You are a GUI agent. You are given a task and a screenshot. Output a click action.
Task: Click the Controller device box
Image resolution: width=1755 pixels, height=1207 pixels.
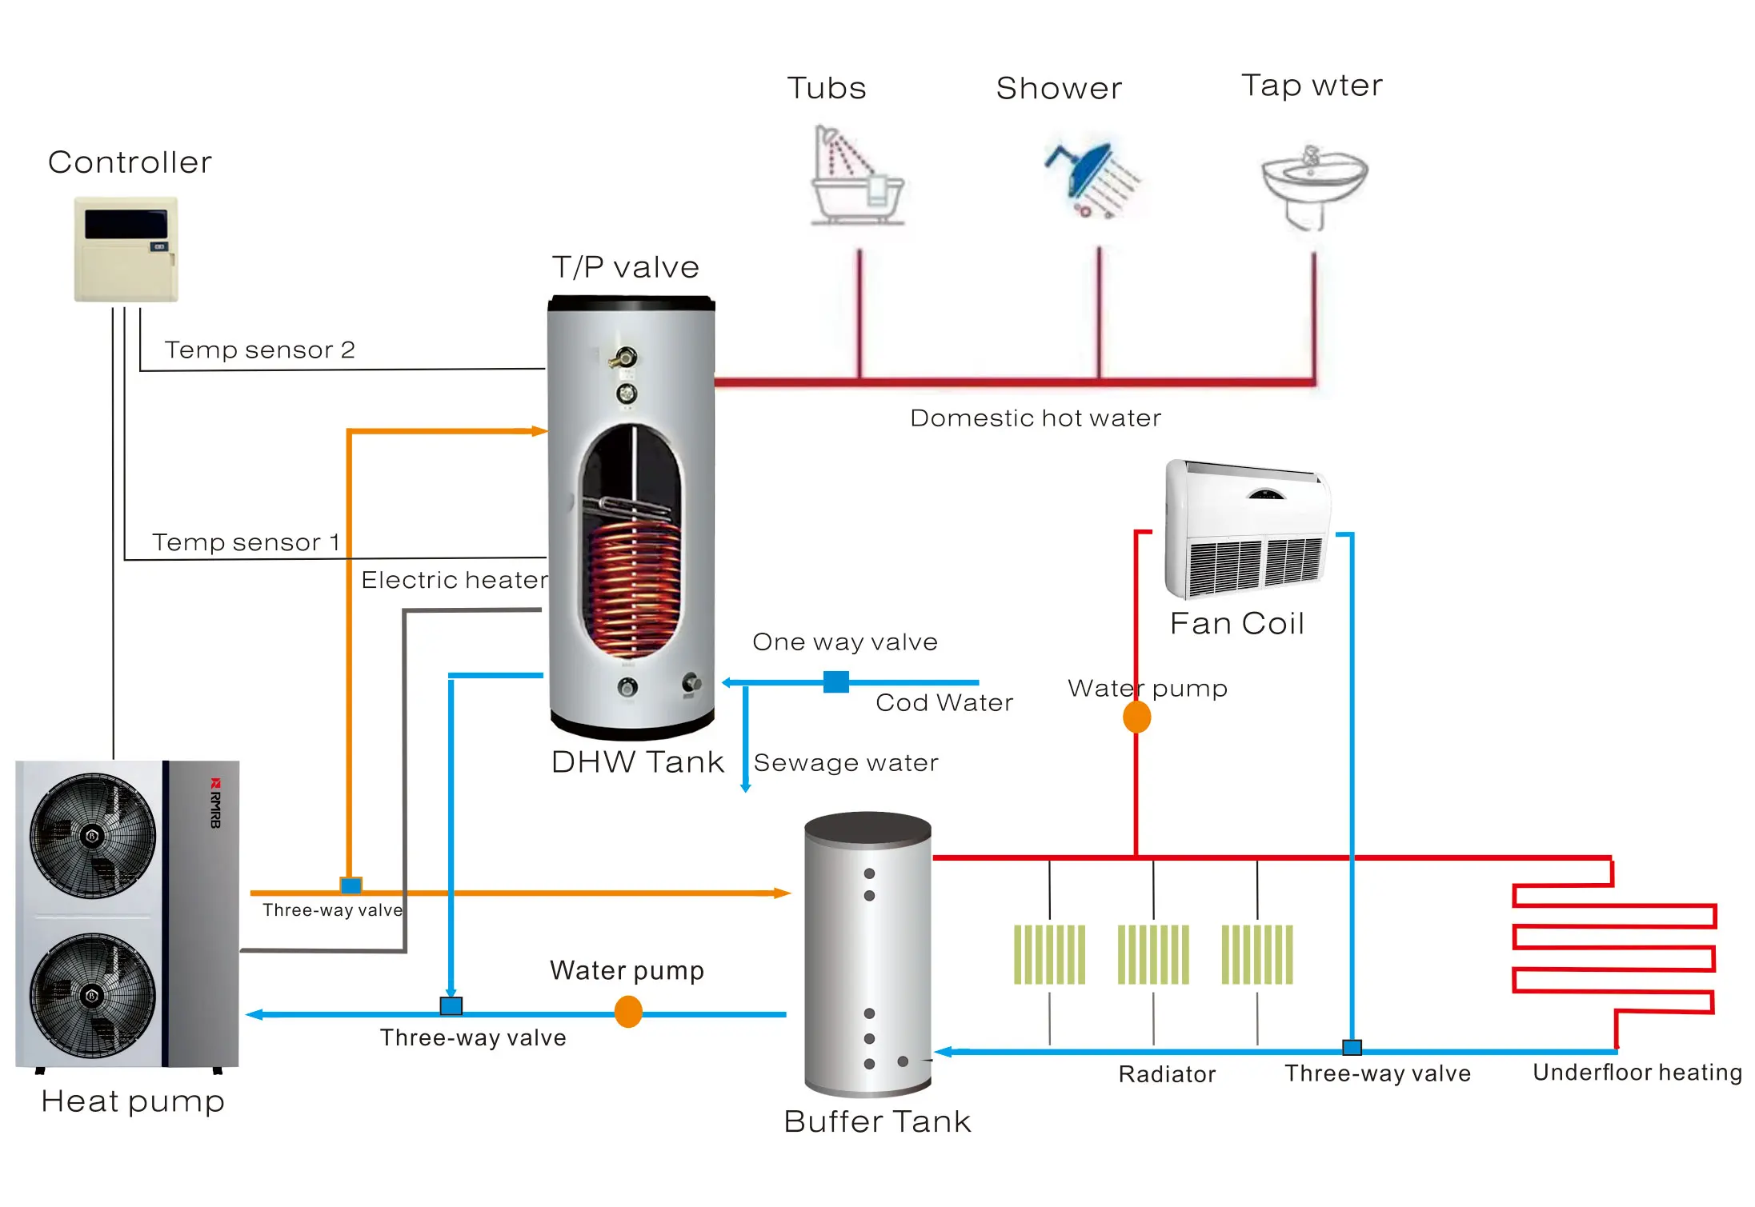click(x=126, y=249)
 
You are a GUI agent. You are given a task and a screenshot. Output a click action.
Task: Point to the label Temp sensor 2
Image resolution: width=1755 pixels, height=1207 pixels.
click(x=259, y=350)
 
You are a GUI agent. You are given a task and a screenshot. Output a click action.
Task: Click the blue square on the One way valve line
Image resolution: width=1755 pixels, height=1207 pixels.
click(x=835, y=682)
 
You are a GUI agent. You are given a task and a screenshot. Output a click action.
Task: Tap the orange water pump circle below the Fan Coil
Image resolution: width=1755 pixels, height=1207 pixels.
click(x=1136, y=717)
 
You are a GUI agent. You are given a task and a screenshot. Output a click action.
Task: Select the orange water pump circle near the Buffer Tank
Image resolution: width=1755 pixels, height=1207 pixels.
click(x=628, y=1012)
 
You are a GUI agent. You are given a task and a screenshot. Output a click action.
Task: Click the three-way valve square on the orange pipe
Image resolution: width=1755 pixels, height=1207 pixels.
click(x=351, y=885)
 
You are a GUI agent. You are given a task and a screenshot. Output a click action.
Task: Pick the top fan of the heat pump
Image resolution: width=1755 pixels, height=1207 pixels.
click(x=92, y=836)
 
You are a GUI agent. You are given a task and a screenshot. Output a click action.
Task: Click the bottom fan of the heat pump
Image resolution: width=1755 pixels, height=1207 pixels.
click(x=92, y=996)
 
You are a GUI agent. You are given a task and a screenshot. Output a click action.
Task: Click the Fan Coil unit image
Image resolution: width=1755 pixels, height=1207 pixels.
click(x=1246, y=530)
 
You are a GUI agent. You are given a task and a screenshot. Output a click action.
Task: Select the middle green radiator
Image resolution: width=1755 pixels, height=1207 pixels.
click(x=1152, y=954)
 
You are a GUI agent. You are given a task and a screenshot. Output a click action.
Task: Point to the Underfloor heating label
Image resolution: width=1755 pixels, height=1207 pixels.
click(x=1637, y=1073)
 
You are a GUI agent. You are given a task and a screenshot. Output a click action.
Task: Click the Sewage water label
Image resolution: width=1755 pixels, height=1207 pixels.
click(x=846, y=763)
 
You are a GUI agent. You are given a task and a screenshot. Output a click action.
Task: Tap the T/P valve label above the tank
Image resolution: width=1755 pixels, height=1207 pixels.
click(x=626, y=267)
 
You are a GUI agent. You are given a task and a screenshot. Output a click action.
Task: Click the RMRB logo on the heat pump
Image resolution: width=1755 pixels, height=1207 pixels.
click(x=215, y=802)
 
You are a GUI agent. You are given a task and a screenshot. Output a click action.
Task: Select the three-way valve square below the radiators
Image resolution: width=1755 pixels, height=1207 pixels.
click(x=1352, y=1048)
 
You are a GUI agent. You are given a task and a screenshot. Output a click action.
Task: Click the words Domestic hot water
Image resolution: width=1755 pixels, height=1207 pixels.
click(x=1035, y=418)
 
